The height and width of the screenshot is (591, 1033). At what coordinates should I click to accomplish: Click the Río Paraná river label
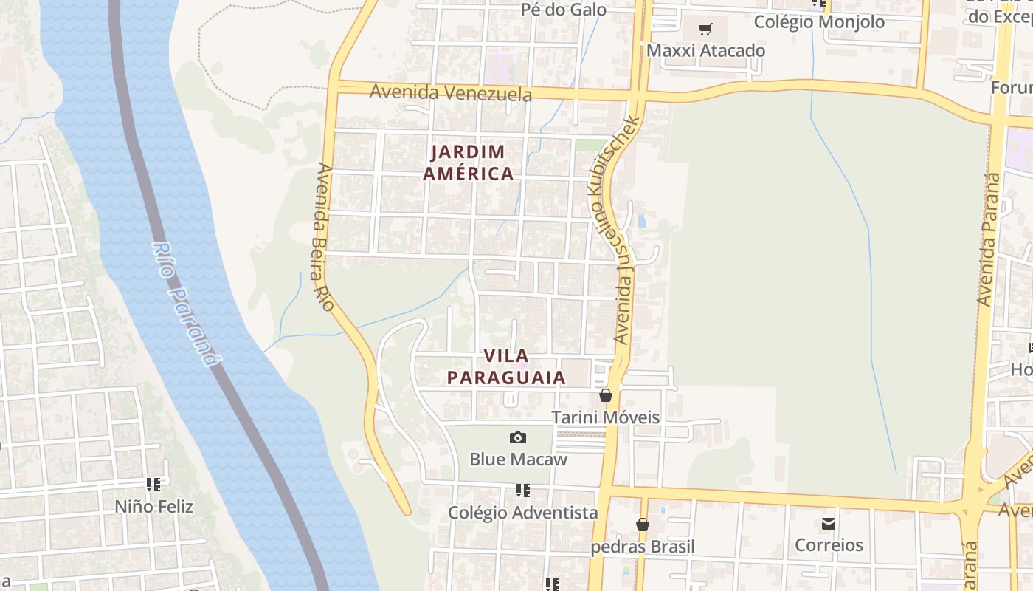tap(187, 304)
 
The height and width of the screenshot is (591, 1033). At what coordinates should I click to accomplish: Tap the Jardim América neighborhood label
tap(471, 163)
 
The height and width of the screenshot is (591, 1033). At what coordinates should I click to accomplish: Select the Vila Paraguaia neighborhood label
tap(506, 366)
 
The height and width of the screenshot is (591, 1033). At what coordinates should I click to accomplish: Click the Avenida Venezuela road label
tap(450, 93)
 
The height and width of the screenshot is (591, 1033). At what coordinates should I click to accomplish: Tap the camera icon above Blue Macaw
tap(519, 438)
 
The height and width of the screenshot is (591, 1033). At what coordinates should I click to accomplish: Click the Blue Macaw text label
tap(519, 460)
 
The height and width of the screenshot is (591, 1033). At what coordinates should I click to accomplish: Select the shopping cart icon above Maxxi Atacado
tap(705, 30)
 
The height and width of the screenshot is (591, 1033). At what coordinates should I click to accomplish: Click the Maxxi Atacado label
tap(705, 51)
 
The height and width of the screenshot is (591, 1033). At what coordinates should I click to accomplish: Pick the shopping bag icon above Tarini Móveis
tap(606, 396)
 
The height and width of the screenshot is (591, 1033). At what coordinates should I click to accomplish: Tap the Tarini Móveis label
tap(606, 417)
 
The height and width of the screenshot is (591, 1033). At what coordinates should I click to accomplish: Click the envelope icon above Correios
tap(829, 524)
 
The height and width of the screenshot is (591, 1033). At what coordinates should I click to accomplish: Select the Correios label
tap(829, 545)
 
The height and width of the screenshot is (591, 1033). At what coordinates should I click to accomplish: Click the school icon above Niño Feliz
tap(153, 485)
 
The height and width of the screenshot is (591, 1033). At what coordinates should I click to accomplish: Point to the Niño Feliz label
tap(153, 507)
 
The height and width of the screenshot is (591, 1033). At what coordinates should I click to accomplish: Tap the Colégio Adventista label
tap(523, 513)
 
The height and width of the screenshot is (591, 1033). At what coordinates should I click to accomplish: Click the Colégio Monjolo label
tap(819, 22)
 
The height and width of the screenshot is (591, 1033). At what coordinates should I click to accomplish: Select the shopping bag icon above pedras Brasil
tap(643, 525)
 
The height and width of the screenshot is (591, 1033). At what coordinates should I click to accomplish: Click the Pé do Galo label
tap(564, 10)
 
